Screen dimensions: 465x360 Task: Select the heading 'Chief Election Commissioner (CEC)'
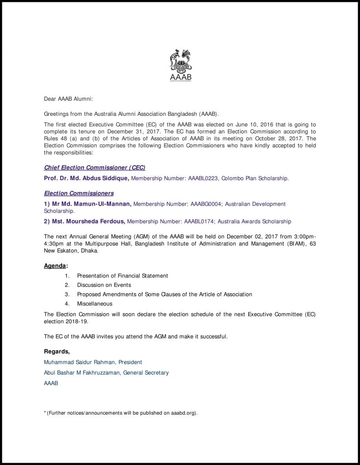[94, 168]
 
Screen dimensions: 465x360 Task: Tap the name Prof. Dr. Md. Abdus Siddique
[86, 178]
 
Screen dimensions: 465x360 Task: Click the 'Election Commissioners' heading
[79, 193]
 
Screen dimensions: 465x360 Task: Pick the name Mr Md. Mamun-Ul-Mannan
[88, 204]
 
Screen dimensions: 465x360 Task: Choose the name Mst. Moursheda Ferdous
[85, 222]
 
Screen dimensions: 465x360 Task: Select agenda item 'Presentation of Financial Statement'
[123, 276]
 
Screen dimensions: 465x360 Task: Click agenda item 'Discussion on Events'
[104, 285]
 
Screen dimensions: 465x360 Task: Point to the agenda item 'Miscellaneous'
[94, 303]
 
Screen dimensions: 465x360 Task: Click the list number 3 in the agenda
[67, 294]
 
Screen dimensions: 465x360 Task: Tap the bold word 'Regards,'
[57, 351]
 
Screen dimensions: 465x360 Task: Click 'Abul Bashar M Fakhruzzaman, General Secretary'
[106, 373]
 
